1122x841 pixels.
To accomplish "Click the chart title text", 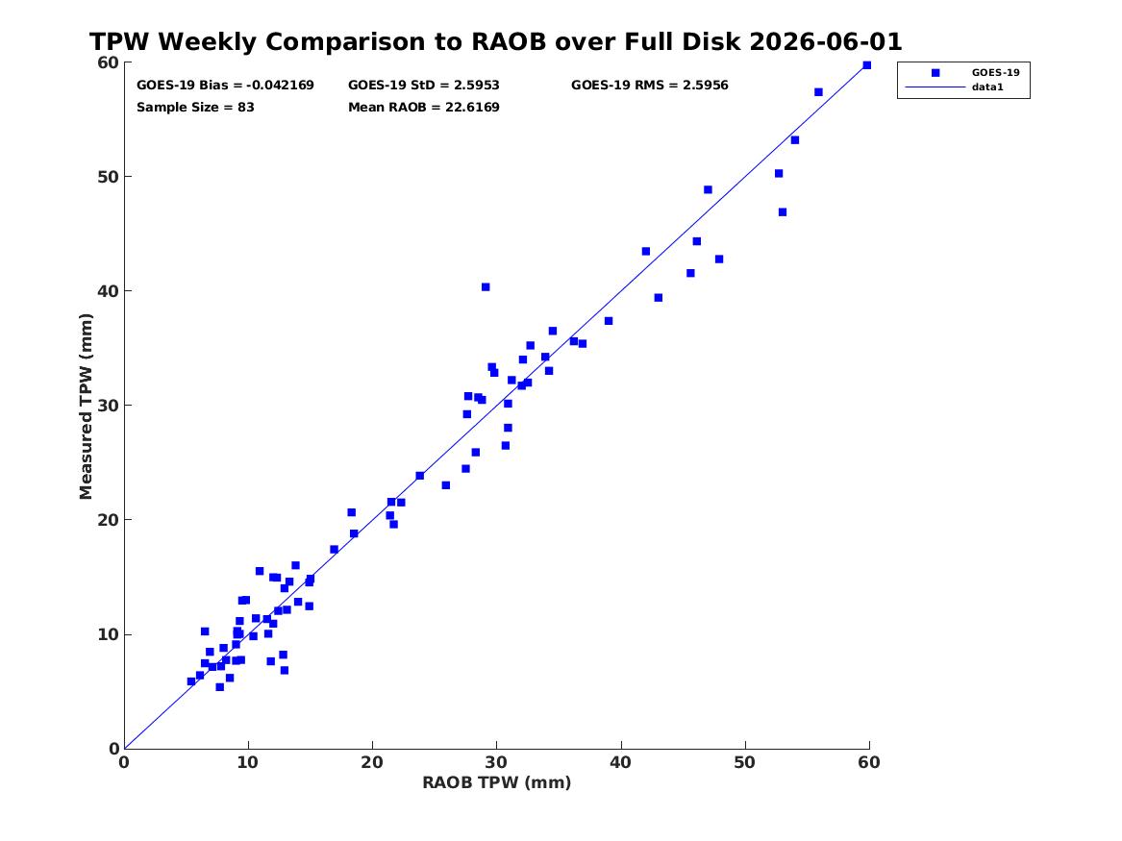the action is click(495, 41).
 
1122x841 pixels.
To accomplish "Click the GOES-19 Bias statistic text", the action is click(225, 86).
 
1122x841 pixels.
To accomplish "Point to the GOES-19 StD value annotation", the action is click(424, 86).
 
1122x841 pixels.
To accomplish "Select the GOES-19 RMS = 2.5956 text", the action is click(650, 86).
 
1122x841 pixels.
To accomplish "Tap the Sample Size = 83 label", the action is click(195, 108).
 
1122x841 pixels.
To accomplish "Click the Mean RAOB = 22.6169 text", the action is click(424, 108).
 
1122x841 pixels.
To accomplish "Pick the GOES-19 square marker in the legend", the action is click(935, 72).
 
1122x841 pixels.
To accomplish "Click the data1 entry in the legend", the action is click(987, 87).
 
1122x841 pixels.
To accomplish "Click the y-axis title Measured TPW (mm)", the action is click(86, 406).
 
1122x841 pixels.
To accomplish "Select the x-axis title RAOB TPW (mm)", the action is click(497, 782).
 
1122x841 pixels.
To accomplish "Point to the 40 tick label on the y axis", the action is click(108, 291).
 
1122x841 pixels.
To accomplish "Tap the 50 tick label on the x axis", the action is click(745, 762).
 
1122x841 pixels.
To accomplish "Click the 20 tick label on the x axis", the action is click(372, 762).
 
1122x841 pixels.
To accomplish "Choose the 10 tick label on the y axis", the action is click(108, 634).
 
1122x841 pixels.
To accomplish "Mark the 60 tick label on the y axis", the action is click(108, 62).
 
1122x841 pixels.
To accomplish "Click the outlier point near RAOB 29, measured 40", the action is click(486, 286).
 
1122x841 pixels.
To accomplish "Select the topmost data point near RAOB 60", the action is click(866, 65).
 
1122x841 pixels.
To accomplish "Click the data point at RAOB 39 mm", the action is click(609, 321).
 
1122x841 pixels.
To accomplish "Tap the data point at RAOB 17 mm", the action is click(334, 549).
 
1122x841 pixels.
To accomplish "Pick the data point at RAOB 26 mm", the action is click(446, 484).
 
